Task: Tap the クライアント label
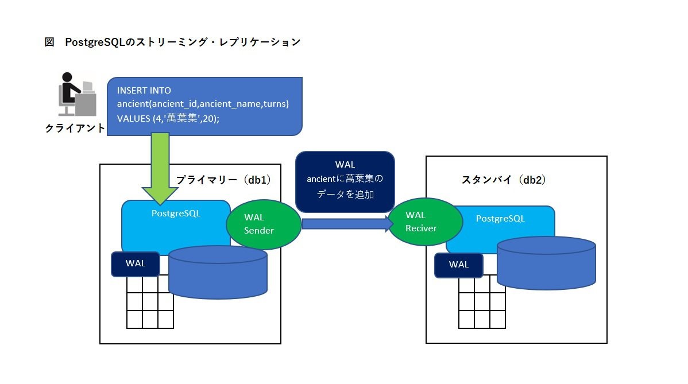pos(75,128)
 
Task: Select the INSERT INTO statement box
pos(204,105)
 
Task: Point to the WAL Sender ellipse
pos(264,224)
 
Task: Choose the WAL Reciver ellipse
pos(425,222)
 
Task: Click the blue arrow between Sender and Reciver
pos(345,223)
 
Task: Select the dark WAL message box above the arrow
pos(345,181)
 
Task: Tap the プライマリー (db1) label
pos(223,180)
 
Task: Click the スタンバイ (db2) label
pos(504,180)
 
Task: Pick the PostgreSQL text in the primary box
pos(176,213)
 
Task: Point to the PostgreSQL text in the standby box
pos(500,219)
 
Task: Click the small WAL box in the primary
pos(136,263)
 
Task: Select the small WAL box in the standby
pos(459,265)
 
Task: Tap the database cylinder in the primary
pos(218,273)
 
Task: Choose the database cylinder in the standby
pos(546,262)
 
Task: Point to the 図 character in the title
pos(49,42)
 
